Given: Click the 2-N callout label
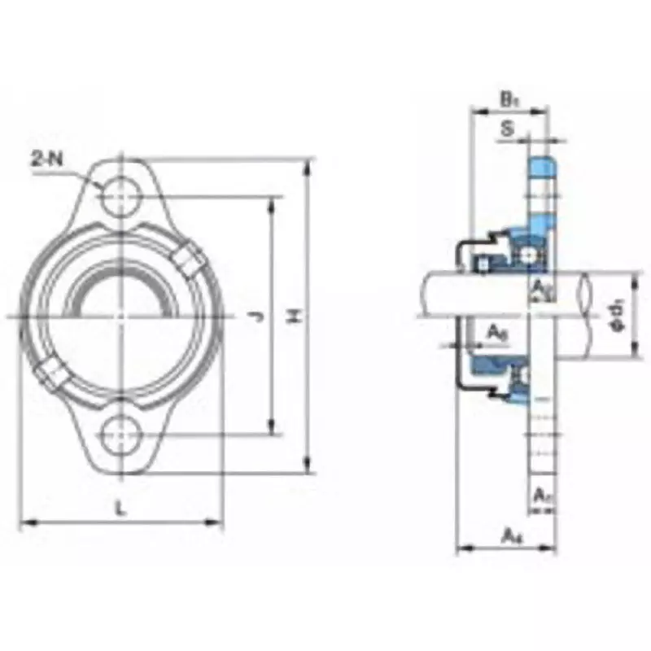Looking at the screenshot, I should (46, 159).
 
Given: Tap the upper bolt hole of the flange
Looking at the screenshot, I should (120, 195).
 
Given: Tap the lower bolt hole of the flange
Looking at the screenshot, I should (120, 434).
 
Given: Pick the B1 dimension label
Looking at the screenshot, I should (509, 100).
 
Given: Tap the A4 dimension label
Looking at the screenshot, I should (510, 535).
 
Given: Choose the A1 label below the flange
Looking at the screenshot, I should (542, 493).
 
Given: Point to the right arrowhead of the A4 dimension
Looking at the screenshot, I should (554, 548).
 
